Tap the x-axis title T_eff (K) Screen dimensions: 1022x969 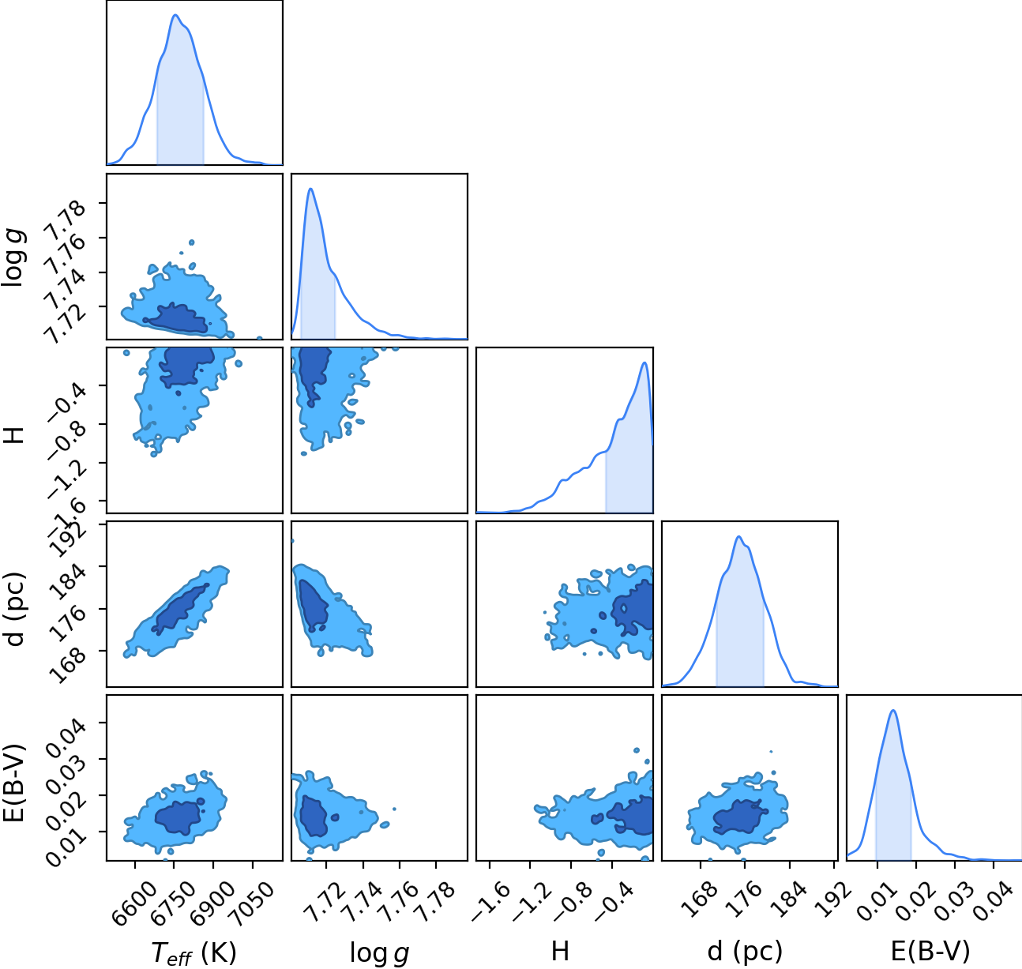194,952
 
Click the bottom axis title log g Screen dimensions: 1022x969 379,952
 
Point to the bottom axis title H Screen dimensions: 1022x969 560,952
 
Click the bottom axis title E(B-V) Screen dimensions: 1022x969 930,952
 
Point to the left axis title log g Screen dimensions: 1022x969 13,257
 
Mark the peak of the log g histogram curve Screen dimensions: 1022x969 310,188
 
